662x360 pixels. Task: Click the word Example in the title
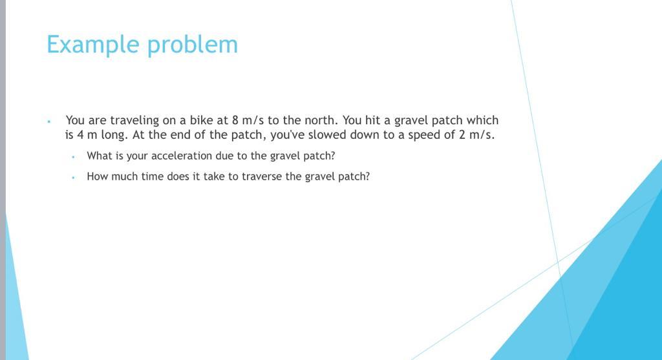93,45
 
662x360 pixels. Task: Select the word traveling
134,121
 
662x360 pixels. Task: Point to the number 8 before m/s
235,121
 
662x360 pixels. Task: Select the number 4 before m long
80,135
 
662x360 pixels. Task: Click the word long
114,136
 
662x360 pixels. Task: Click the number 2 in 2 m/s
462,135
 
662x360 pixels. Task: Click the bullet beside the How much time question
74,178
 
